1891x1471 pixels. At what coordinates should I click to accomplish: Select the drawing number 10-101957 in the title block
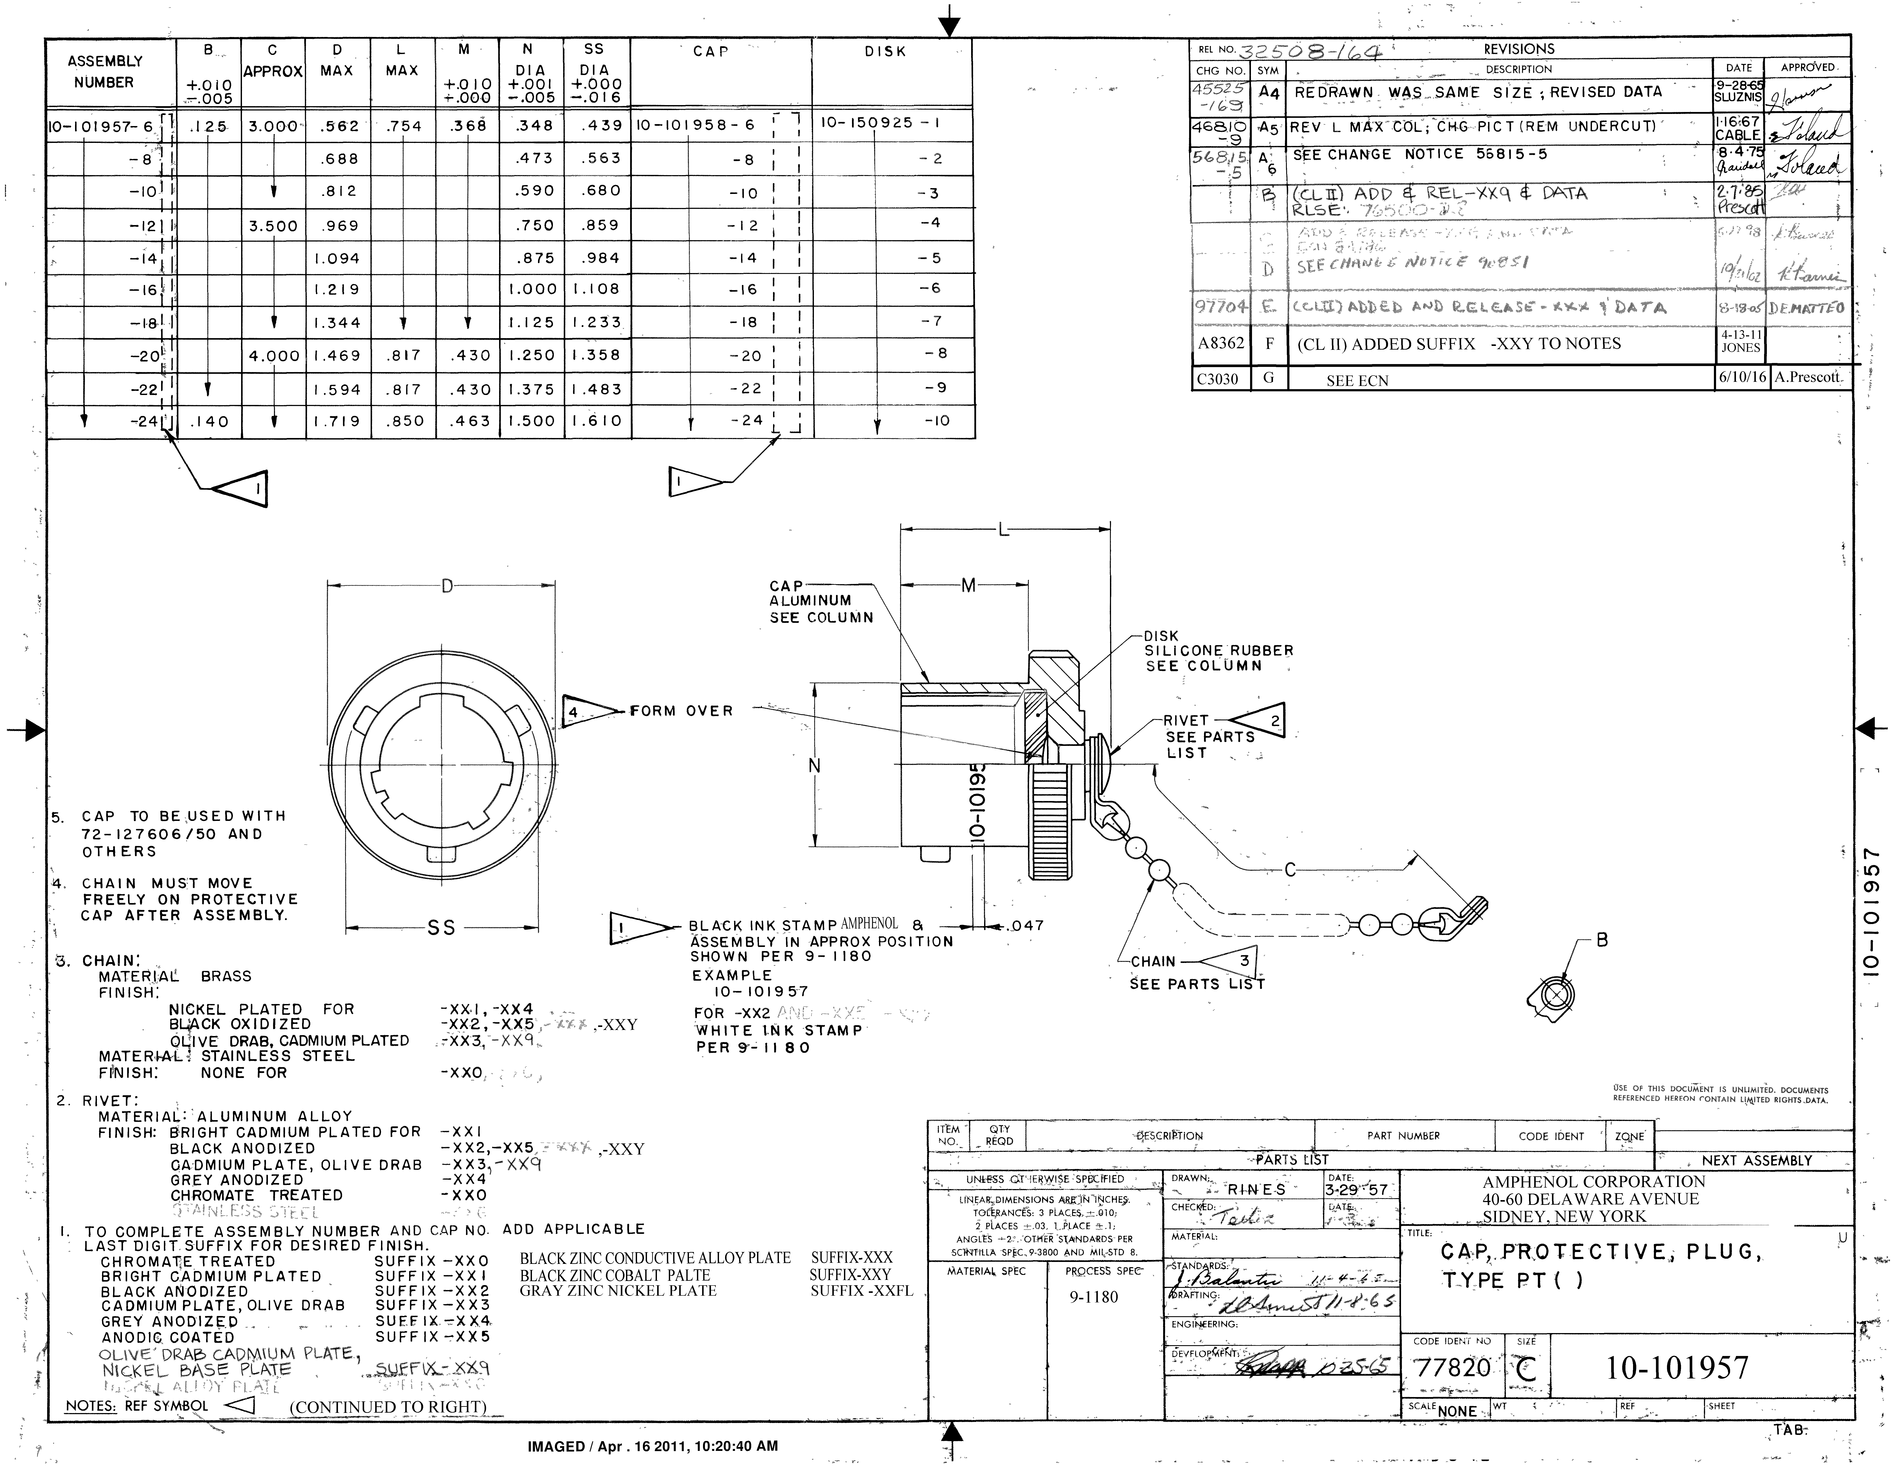pyautogui.click(x=1677, y=1368)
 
